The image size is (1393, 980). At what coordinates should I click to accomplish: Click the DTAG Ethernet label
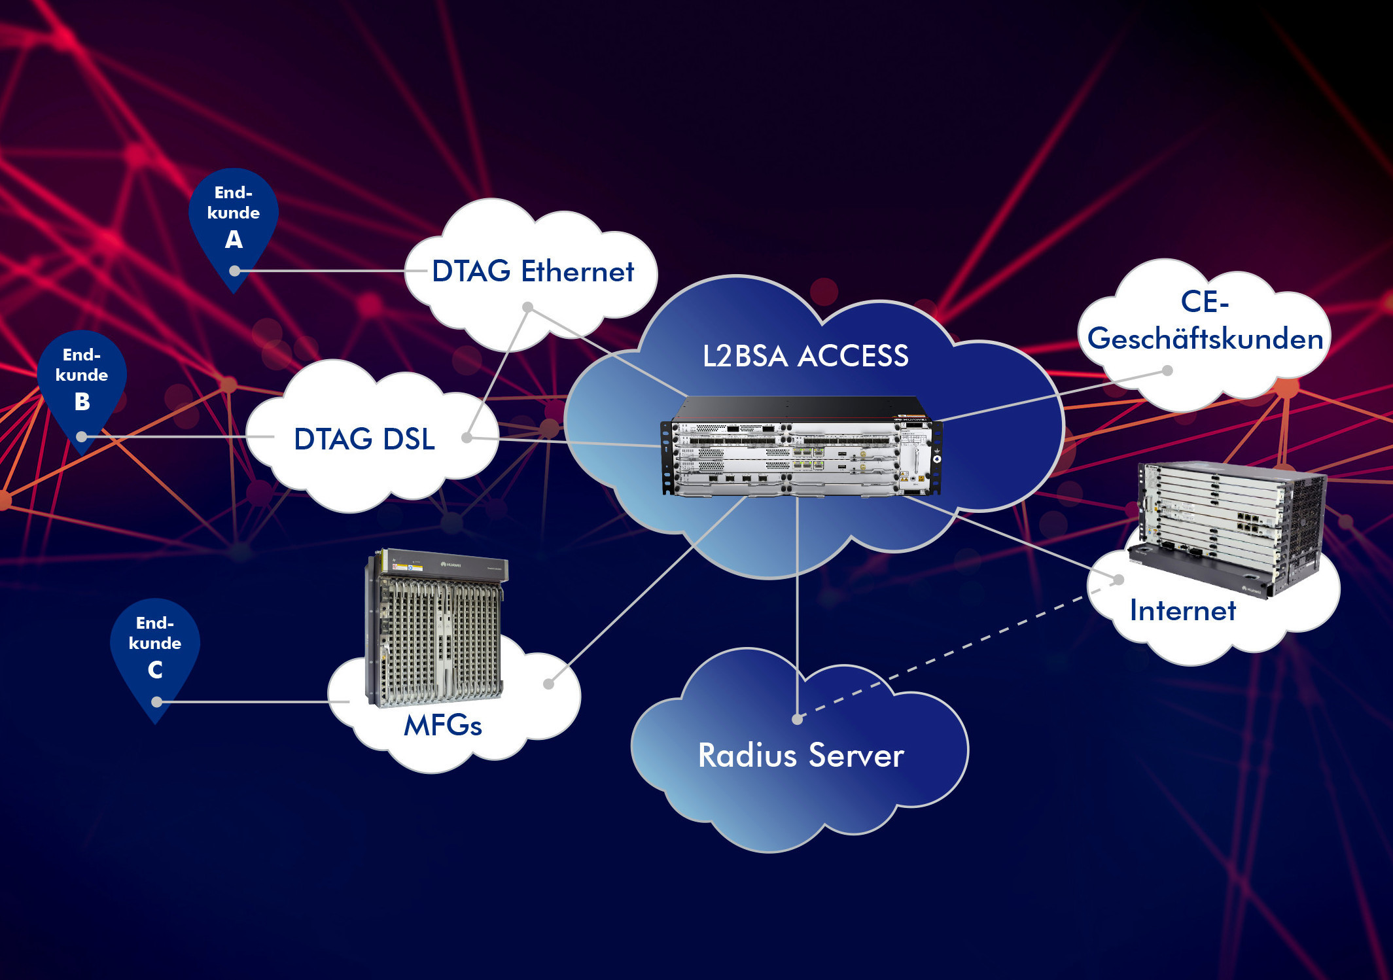(x=533, y=271)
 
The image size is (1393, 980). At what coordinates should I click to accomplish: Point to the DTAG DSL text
(x=364, y=439)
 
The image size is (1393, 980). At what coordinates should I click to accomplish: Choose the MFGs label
(x=443, y=726)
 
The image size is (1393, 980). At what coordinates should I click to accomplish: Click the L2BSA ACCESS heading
(x=805, y=357)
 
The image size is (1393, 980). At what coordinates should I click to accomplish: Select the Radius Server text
(x=801, y=756)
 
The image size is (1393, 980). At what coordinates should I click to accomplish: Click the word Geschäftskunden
(x=1205, y=339)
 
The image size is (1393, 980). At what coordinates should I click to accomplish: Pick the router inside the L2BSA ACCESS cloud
(x=802, y=448)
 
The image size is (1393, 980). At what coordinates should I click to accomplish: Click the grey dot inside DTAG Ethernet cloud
(x=528, y=307)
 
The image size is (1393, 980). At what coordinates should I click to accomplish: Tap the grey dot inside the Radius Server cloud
(x=797, y=720)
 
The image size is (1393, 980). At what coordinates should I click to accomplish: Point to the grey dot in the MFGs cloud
(x=549, y=684)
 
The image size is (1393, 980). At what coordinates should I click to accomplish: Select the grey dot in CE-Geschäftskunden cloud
(x=1167, y=371)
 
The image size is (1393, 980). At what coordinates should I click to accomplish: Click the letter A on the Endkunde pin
(x=234, y=240)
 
